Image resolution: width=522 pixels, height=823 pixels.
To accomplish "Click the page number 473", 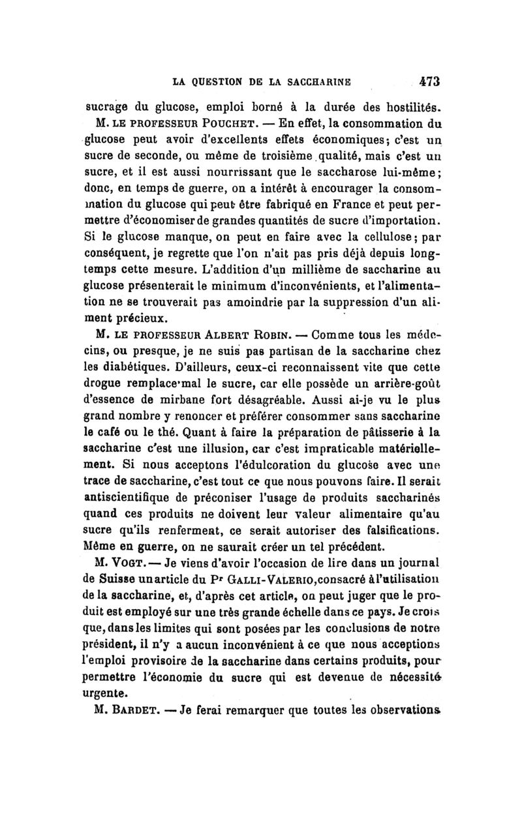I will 430,82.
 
